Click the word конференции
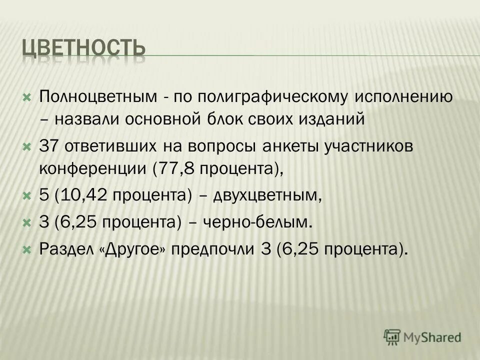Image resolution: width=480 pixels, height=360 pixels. tap(93, 169)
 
